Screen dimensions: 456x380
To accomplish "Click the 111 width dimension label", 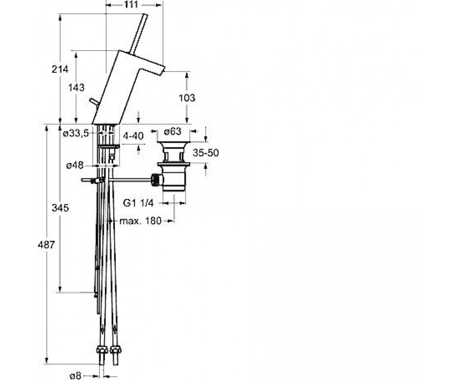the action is (131, 4).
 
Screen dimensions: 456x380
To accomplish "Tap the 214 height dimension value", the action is (60, 70).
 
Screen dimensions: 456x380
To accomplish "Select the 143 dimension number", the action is (76, 87).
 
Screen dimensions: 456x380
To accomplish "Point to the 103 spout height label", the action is (187, 98).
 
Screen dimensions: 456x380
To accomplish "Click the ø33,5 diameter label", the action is (76, 133).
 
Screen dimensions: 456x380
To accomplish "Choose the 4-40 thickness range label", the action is (133, 136).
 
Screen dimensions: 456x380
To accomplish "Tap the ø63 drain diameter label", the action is (173, 131).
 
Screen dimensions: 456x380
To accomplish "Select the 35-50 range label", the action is (206, 153).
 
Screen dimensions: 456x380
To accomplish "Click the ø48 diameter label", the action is (75, 165).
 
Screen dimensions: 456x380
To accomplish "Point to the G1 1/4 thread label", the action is (138, 203).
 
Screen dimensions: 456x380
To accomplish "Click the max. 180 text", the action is (141, 221).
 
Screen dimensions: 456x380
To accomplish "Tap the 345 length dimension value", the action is (60, 208).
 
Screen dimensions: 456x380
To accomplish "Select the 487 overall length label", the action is (46, 245).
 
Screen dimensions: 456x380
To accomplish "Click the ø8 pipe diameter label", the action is (75, 376).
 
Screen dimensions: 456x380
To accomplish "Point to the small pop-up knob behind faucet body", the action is (93, 102).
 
